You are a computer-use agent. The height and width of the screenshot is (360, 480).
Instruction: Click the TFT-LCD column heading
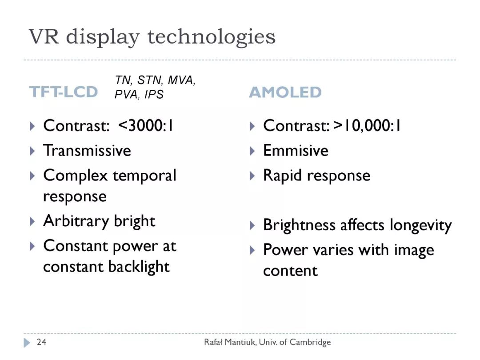[64, 92]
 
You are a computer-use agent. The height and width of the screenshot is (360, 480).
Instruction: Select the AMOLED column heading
[285, 92]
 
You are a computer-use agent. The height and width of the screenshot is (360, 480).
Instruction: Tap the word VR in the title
[44, 36]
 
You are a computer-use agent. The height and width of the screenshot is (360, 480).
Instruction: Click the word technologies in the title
[212, 38]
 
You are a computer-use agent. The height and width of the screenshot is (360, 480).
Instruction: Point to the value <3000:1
[146, 125]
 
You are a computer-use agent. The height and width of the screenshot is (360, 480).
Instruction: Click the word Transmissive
[87, 150]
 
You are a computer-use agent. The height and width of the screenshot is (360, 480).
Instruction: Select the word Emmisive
[296, 150]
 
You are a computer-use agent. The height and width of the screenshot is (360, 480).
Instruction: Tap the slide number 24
[41, 342]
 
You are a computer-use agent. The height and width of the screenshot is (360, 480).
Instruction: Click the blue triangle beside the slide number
[27, 343]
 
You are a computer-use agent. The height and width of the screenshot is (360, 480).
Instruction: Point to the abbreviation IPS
[154, 94]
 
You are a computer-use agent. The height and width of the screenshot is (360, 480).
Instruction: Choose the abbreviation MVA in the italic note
[181, 80]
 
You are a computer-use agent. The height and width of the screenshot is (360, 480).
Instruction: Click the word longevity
[420, 226]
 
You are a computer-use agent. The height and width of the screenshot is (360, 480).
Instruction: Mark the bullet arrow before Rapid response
[252, 176]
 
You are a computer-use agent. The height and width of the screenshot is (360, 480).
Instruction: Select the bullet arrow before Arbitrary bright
[32, 221]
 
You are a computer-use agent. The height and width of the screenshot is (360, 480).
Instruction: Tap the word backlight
[139, 266]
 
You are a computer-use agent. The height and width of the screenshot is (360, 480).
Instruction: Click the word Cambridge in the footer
[310, 342]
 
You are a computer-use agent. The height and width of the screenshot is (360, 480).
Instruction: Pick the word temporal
[144, 176]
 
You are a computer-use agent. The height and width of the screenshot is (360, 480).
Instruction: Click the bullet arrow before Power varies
[252, 250]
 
